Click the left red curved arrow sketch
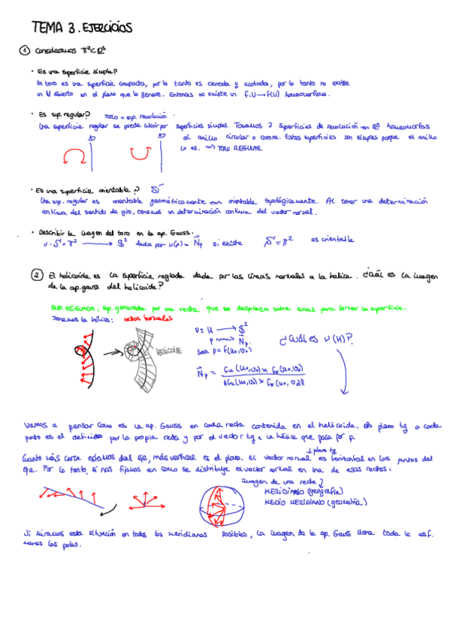75,155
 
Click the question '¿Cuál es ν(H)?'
315,340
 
